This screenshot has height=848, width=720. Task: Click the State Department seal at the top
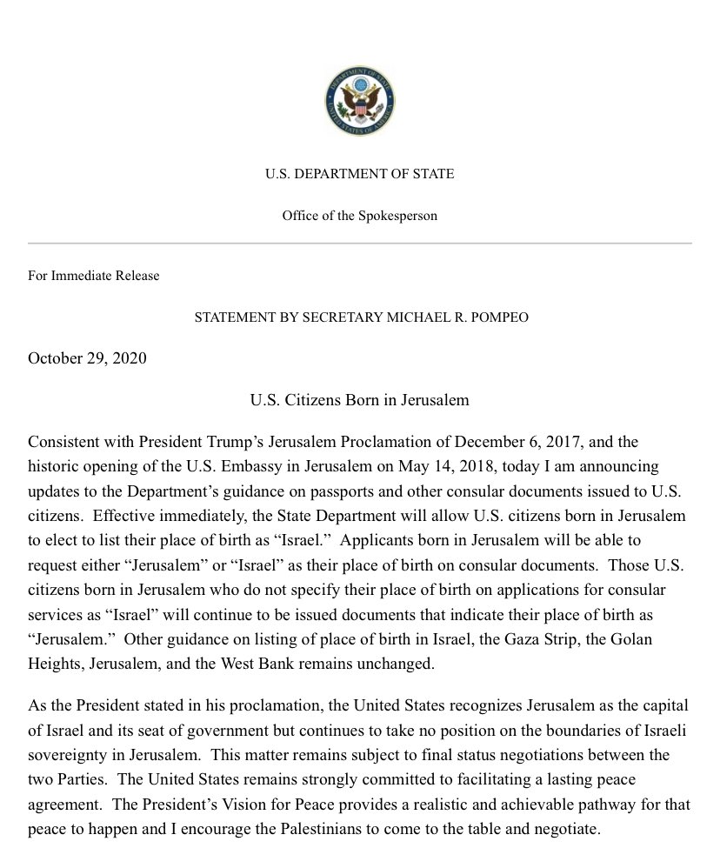point(359,101)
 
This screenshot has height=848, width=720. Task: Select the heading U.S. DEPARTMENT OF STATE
point(359,174)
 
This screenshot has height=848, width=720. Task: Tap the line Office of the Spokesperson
point(359,216)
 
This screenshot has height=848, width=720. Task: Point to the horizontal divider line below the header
point(359,243)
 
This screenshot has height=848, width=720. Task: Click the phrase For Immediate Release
point(94,276)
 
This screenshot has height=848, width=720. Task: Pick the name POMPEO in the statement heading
point(497,317)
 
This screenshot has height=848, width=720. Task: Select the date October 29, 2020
point(87,358)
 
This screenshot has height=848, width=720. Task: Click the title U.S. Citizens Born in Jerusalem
point(359,400)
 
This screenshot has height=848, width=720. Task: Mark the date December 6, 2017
point(522,443)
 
